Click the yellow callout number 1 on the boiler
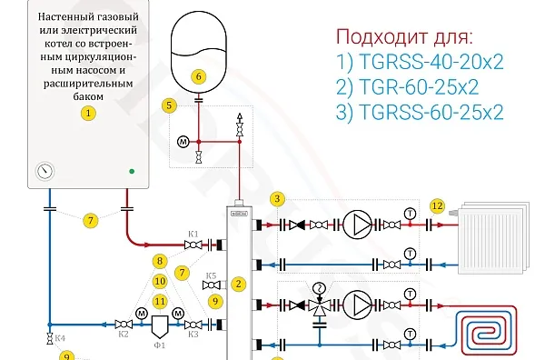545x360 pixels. [88, 114]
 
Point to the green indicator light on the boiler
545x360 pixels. [132, 170]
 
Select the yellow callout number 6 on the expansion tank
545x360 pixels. [199, 77]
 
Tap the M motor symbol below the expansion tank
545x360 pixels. [182, 141]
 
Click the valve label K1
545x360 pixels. [193, 233]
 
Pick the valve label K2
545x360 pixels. [124, 335]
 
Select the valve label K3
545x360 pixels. [193, 335]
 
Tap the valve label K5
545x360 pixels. [210, 275]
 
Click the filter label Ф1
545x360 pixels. [159, 345]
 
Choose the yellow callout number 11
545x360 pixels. [160, 301]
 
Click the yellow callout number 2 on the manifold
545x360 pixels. [239, 284]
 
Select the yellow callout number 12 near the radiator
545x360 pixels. [438, 206]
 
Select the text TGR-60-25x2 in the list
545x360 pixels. [419, 87]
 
